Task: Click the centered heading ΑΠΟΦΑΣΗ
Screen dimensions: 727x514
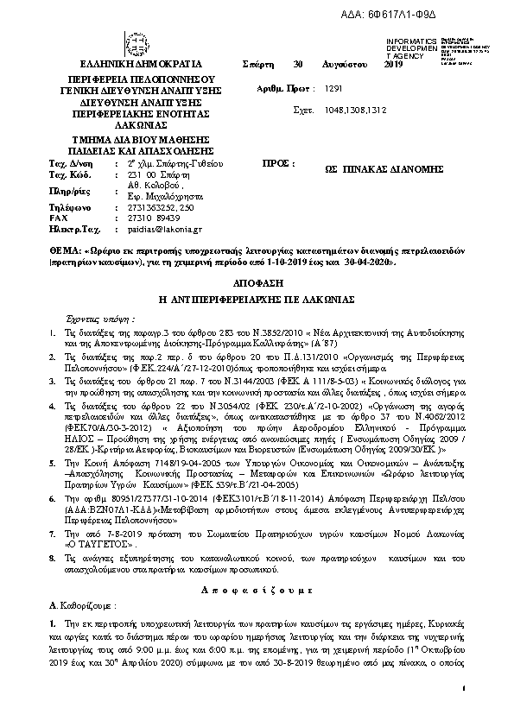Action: click(257, 284)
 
